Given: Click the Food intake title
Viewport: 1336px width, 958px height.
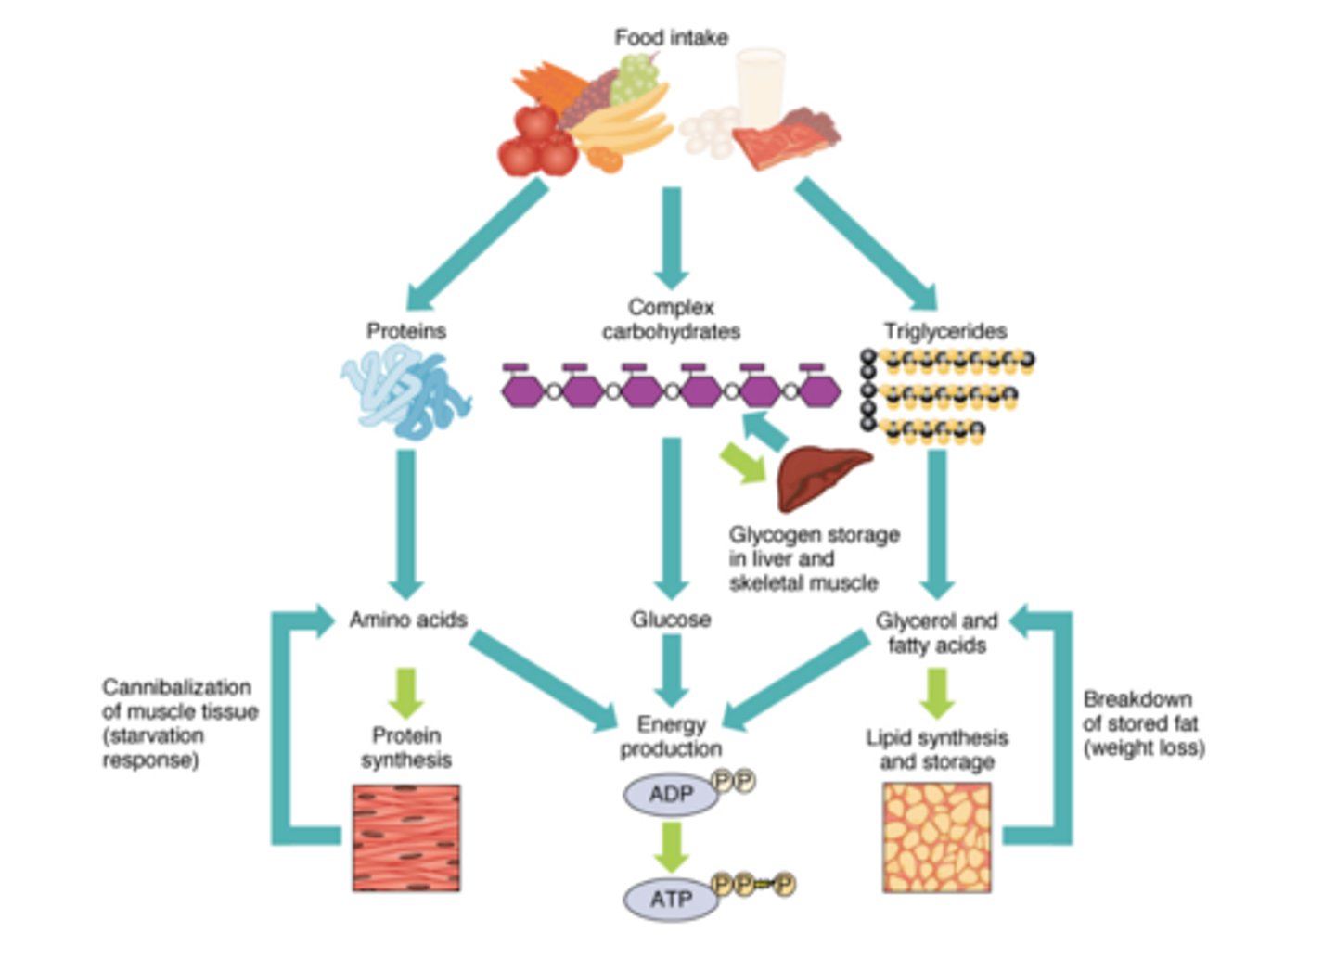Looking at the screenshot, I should [x=671, y=38].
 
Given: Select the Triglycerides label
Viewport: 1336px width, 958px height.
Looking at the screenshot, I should [x=944, y=331].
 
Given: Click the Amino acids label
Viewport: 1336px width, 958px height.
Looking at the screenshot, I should [x=408, y=620].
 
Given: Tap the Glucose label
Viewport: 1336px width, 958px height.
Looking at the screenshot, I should [x=671, y=620].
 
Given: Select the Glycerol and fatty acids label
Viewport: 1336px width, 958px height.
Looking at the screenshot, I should [x=936, y=632].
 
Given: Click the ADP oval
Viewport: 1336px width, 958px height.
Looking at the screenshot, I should [x=671, y=795].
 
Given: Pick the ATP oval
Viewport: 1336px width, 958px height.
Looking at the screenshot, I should [x=671, y=899].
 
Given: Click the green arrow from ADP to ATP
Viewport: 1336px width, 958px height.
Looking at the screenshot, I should [x=671, y=846].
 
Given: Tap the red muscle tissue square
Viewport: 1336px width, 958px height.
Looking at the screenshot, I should [x=406, y=838].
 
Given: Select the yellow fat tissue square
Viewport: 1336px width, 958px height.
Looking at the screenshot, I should [x=936, y=838].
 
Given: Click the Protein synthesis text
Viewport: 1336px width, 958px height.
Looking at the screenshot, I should [x=406, y=747].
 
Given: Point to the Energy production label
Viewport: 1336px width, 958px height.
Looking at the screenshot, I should [x=671, y=736].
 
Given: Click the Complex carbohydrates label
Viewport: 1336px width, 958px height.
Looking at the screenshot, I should [x=671, y=319].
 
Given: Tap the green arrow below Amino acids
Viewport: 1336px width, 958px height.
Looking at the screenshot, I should [x=406, y=692].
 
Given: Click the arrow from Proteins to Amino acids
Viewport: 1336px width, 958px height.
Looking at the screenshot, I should [x=405, y=524].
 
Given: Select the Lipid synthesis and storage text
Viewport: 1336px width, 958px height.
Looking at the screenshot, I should [x=936, y=749].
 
